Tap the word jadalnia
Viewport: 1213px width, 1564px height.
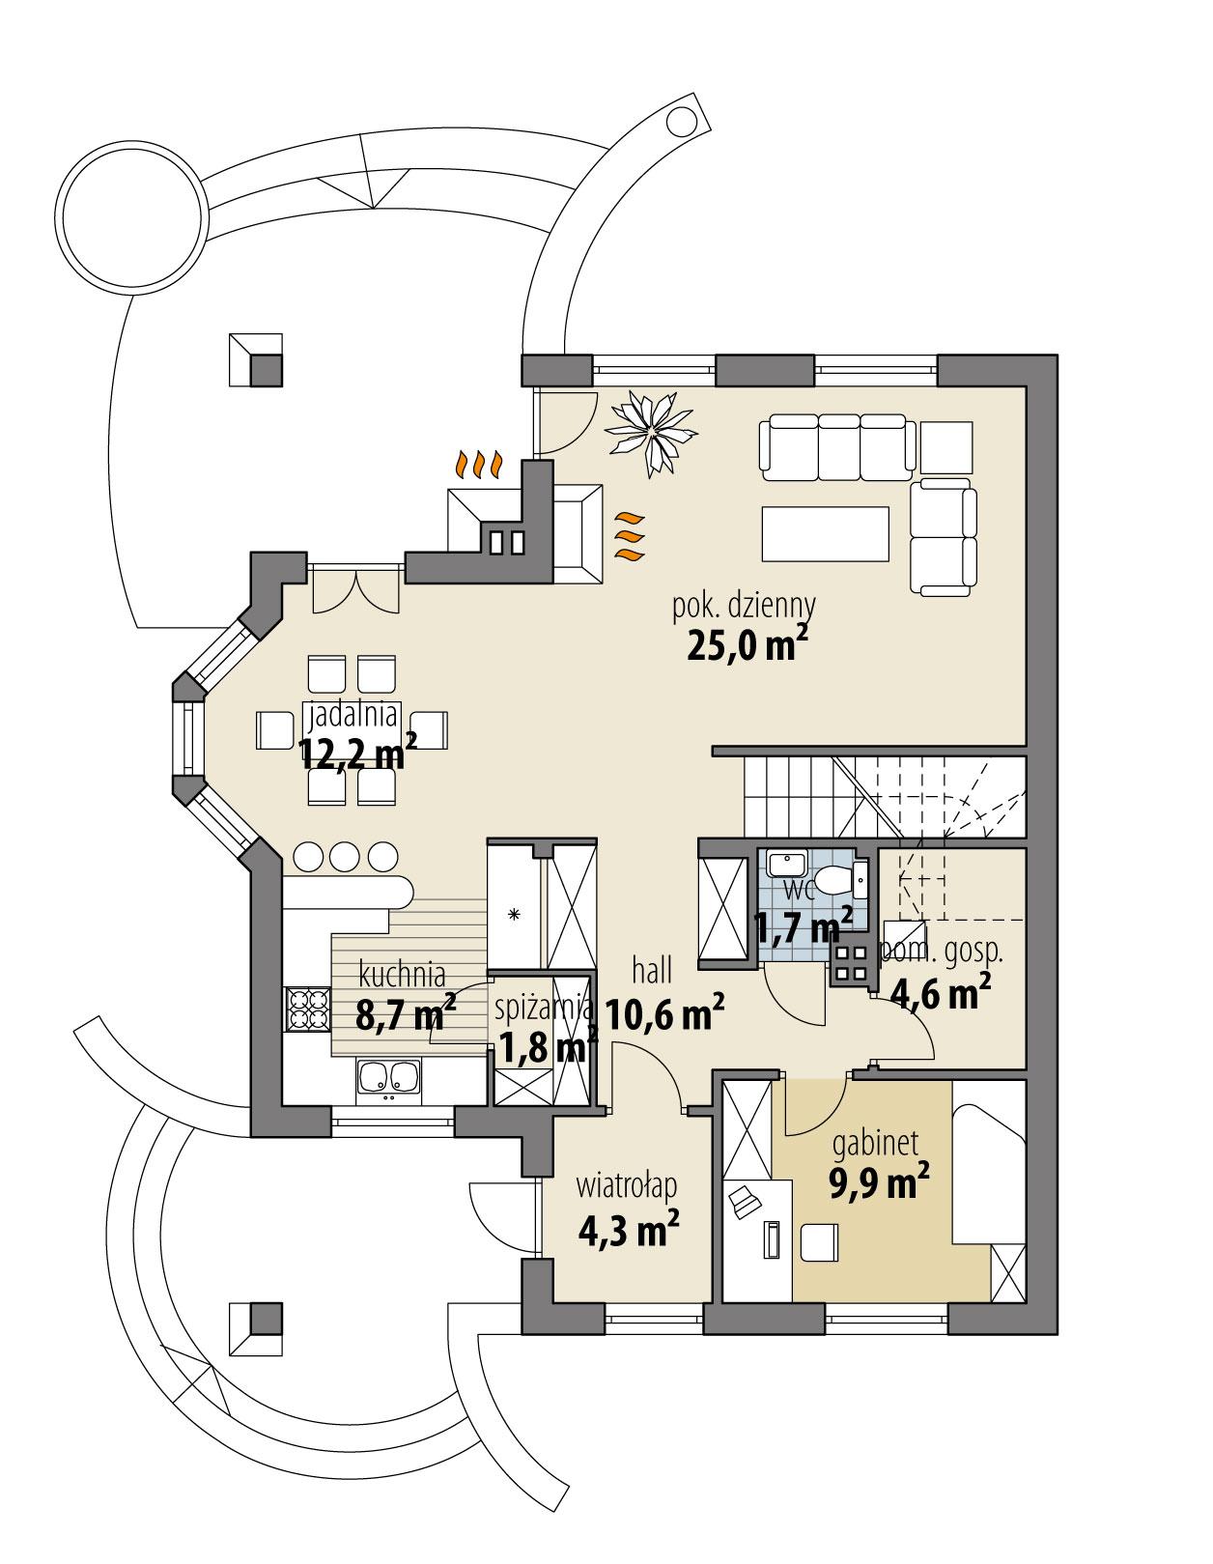point(353,715)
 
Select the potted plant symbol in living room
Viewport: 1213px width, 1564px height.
point(652,432)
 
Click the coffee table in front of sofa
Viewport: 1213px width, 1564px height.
point(824,533)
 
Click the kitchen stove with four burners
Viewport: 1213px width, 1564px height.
point(307,1009)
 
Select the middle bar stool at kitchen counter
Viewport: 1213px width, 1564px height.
point(346,856)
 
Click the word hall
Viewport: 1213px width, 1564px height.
point(652,970)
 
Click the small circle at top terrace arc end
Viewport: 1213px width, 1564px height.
point(682,122)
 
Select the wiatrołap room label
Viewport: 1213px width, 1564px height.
point(628,1184)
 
